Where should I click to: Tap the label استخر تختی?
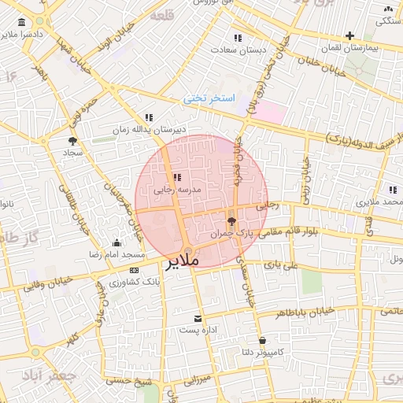point(209,98)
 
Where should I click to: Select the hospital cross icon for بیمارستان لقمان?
point(349,35)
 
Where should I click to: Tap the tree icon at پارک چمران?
point(231,221)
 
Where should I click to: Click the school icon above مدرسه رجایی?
point(176,177)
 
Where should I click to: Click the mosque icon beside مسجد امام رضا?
point(117,242)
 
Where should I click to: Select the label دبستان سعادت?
point(238,49)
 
